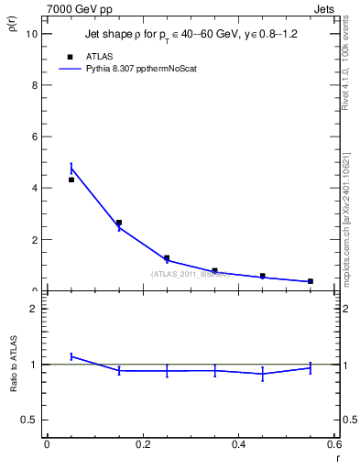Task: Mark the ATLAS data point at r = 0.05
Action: coord(71,180)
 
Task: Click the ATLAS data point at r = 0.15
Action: coord(119,223)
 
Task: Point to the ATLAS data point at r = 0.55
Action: coord(311,281)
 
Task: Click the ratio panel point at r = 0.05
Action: coord(71,356)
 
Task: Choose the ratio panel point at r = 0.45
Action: coord(263,374)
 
